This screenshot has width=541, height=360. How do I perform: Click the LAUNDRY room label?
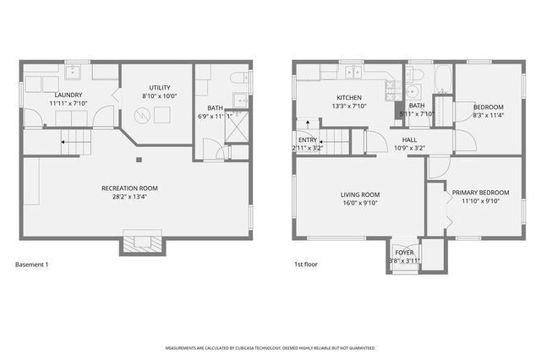pyautogui.click(x=68, y=95)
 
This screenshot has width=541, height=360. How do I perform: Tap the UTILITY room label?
pyautogui.click(x=160, y=87)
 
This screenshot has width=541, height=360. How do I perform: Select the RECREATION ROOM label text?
pyautogui.click(x=129, y=188)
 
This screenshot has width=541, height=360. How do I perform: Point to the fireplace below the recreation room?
pyautogui.click(x=138, y=242)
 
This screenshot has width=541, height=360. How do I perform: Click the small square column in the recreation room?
pyautogui.click(x=139, y=158)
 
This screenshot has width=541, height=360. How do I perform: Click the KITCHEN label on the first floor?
pyautogui.click(x=349, y=97)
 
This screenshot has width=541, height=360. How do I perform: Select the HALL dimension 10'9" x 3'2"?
pyautogui.click(x=409, y=148)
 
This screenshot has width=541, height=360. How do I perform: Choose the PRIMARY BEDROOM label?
pyautogui.click(x=481, y=193)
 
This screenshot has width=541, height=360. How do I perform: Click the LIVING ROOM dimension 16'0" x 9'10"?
pyautogui.click(x=359, y=203)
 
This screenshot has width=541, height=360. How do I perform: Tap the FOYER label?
pyautogui.click(x=404, y=253)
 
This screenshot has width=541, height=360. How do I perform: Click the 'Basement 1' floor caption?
pyautogui.click(x=32, y=265)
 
